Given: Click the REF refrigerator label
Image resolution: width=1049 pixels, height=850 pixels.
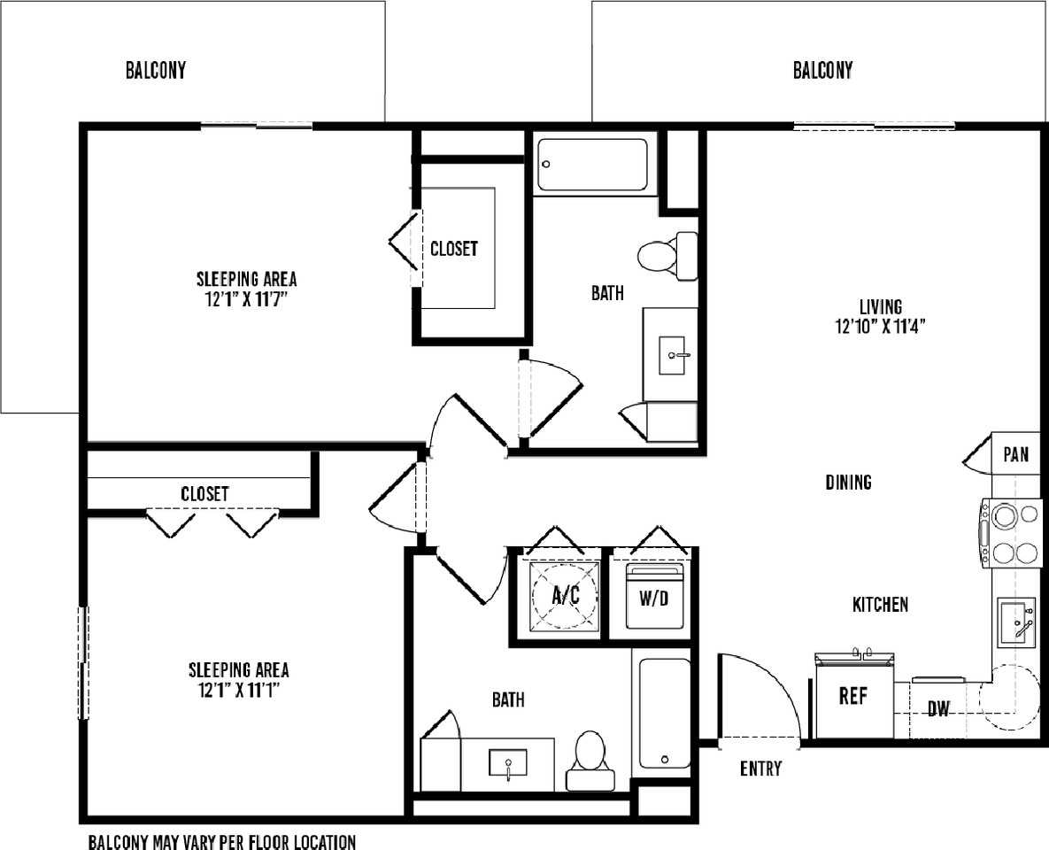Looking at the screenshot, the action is [x=853, y=696].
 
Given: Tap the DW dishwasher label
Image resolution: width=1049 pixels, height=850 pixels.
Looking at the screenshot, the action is [x=938, y=709].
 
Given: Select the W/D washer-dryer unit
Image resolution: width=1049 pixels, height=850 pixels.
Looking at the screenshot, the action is [x=654, y=597].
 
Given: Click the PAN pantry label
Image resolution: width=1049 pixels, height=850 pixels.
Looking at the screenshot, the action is [x=1016, y=454].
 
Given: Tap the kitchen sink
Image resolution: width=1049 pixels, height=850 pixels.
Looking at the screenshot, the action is [x=1017, y=622].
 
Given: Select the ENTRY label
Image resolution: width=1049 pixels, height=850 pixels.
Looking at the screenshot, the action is [x=760, y=769].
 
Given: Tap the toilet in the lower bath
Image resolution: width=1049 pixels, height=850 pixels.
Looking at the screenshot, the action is [x=590, y=761].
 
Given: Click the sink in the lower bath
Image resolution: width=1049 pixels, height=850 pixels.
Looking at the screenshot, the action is [x=508, y=765].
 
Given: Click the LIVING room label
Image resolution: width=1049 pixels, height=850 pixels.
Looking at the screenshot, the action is [x=881, y=307].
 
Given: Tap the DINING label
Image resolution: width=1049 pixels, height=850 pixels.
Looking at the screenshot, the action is [x=848, y=482].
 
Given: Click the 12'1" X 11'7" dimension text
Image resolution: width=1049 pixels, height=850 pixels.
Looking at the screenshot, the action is [x=247, y=298].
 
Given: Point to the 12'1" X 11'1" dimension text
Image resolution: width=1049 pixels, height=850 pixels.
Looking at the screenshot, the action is [x=238, y=690].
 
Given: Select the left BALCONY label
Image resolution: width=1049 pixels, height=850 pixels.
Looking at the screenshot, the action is [x=156, y=70].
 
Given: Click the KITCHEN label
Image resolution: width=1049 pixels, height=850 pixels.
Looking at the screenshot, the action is [x=881, y=605].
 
